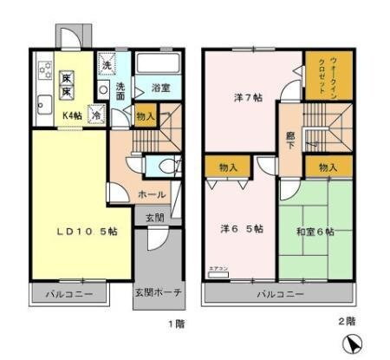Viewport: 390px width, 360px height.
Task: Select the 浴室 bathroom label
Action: [159, 88]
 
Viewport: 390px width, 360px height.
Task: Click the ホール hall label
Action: [153, 195]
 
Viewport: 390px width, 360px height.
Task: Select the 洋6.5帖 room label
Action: [241, 229]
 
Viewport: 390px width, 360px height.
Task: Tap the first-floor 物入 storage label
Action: [146, 116]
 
